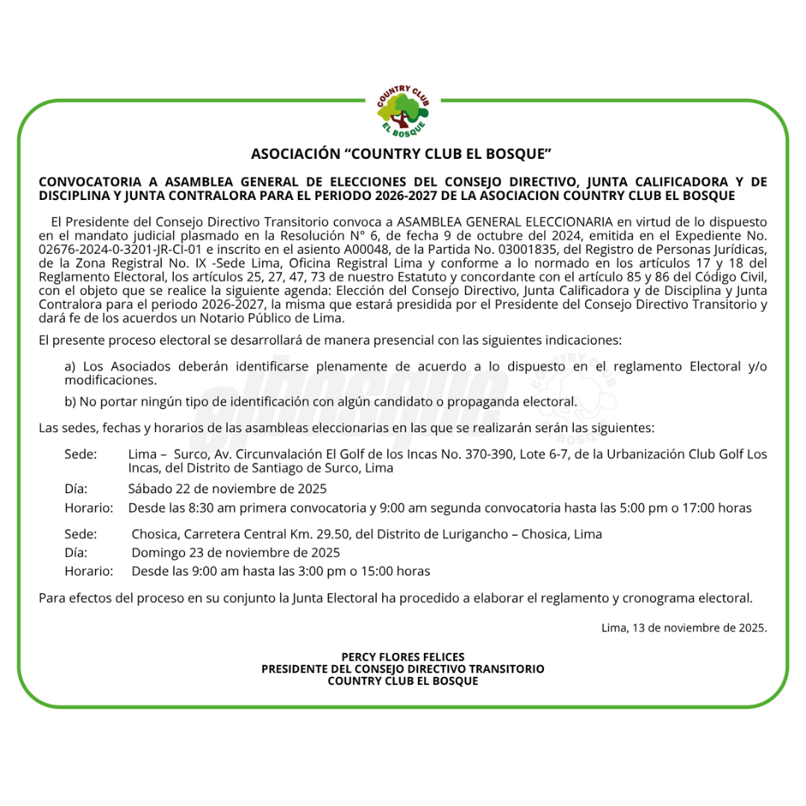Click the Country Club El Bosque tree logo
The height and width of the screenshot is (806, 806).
[x=403, y=111]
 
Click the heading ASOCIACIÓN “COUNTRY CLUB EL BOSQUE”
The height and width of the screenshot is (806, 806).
[x=402, y=154]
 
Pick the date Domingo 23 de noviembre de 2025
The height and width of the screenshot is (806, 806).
[x=236, y=553]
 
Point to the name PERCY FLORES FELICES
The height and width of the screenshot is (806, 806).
[x=403, y=657]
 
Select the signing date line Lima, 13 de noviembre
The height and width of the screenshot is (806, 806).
[x=684, y=628]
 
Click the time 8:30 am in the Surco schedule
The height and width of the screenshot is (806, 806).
[x=210, y=508]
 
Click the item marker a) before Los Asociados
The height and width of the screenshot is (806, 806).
[x=70, y=366]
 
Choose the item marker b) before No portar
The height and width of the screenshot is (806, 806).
[x=70, y=402]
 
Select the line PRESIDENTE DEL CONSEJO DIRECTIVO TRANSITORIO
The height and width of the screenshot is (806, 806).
[x=403, y=669]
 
